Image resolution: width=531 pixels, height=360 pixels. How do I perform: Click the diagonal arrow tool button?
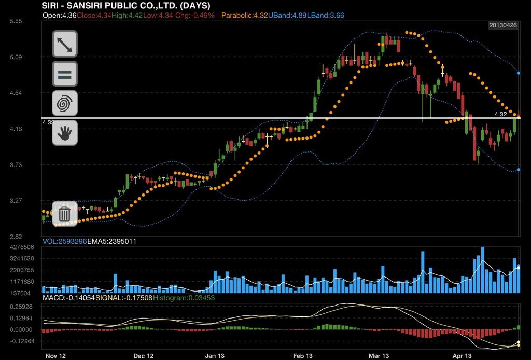click(x=65, y=44)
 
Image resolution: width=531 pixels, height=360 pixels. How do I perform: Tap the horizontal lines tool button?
click(x=65, y=74)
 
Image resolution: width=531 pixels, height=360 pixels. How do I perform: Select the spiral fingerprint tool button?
click(x=65, y=103)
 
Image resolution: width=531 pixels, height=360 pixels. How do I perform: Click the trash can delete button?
click(x=65, y=214)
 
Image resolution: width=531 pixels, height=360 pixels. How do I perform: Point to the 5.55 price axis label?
click(x=15, y=21)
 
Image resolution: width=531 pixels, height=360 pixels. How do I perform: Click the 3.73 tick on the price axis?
click(x=15, y=165)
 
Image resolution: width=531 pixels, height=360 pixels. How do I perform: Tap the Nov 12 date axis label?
click(x=55, y=356)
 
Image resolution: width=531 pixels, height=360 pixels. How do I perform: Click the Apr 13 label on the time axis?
click(x=462, y=356)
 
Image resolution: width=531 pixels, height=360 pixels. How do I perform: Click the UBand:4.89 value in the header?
click(x=287, y=16)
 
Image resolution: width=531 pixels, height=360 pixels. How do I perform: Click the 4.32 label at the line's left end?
click(x=48, y=122)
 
